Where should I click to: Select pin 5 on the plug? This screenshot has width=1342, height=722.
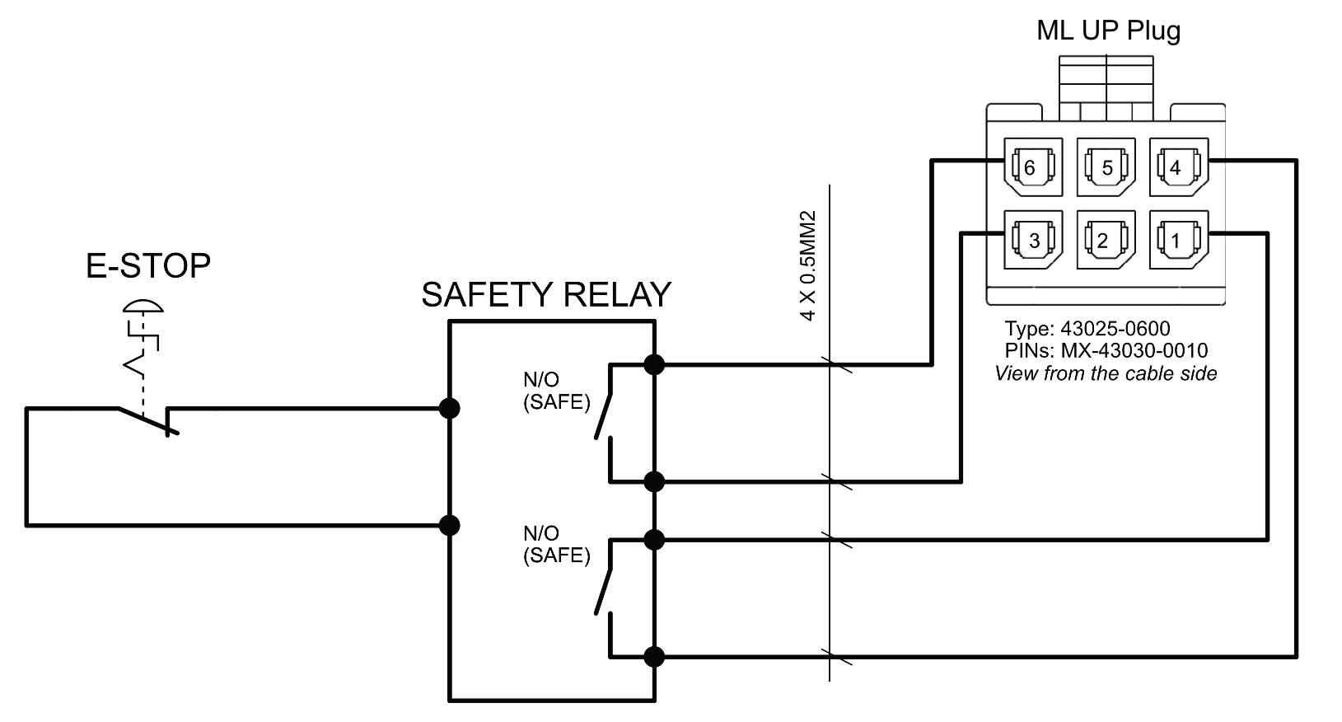tap(1106, 167)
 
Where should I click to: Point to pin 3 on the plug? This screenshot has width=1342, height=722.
tap(1033, 240)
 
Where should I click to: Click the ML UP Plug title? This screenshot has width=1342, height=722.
tap(1108, 30)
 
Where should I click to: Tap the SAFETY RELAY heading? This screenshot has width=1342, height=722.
tap(546, 294)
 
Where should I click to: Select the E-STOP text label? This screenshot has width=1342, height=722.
tap(148, 265)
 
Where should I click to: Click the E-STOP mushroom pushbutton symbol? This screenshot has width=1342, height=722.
tap(143, 310)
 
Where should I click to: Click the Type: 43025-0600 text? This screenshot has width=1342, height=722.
tap(1087, 329)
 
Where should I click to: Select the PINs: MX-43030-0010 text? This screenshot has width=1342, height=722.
tap(1106, 350)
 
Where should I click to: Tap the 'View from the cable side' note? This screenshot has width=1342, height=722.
tap(1106, 373)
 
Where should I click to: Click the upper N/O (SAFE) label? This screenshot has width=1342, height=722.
tap(556, 391)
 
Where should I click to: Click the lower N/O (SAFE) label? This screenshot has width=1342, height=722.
tap(556, 544)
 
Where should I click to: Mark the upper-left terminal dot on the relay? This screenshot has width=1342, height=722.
tap(449, 408)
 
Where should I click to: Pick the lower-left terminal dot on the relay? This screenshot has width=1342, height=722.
tap(449, 525)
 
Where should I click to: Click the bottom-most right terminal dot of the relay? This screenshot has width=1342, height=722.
tap(654, 657)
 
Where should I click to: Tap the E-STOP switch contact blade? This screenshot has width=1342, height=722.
tap(145, 420)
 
